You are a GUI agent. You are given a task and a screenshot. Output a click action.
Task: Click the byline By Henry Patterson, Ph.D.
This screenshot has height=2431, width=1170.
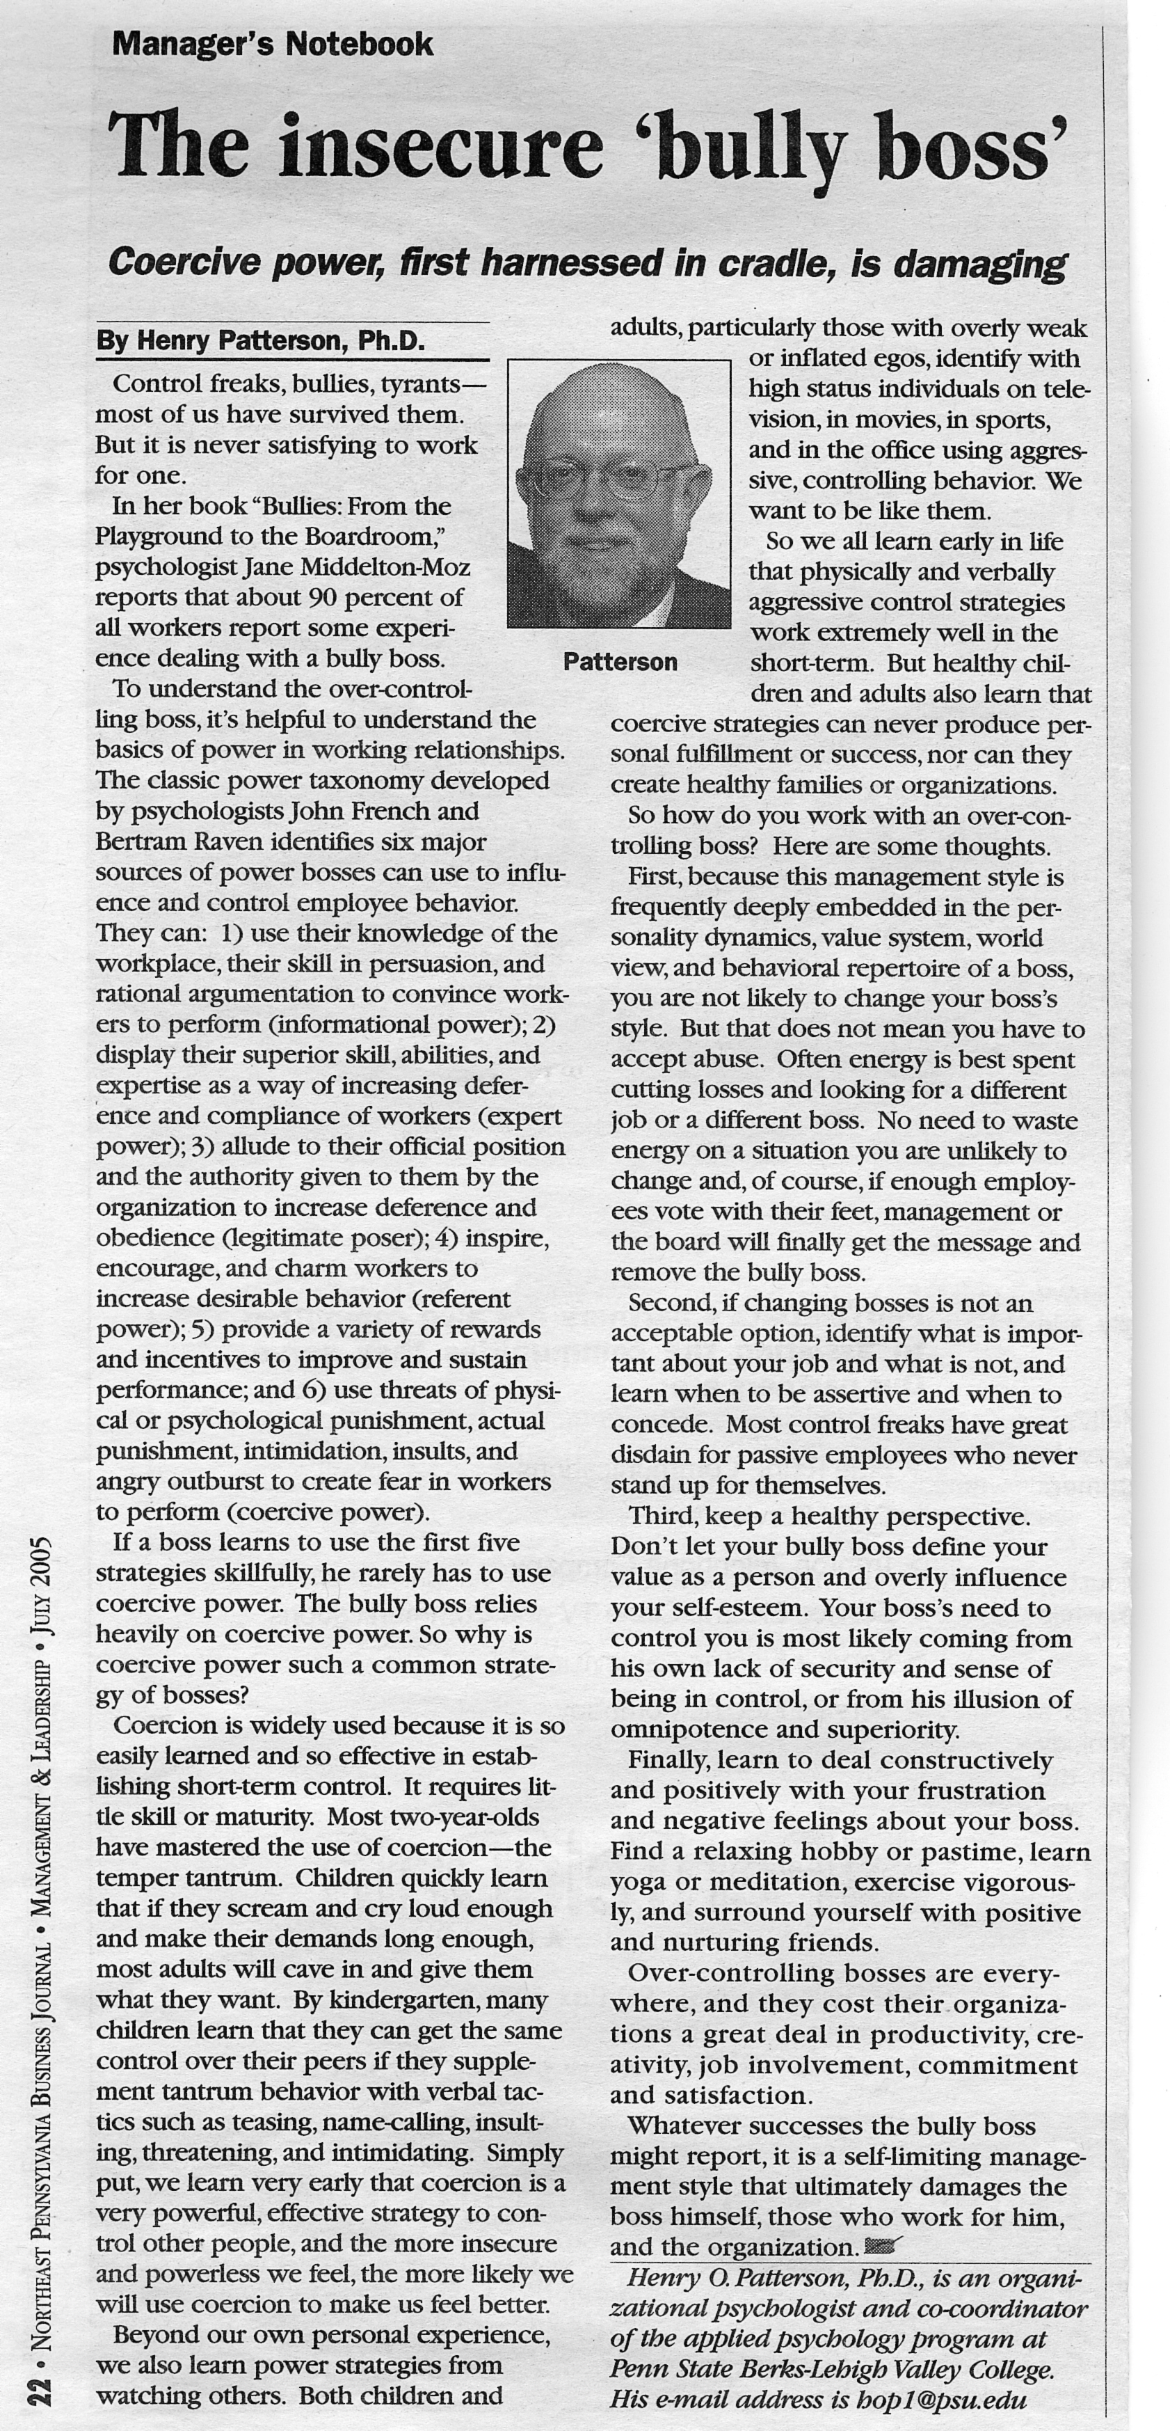pos(260,341)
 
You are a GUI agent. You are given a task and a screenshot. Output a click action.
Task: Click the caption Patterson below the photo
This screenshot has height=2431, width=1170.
pos(620,663)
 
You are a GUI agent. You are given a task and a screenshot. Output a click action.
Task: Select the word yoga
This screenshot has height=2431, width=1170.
pos(638,1883)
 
